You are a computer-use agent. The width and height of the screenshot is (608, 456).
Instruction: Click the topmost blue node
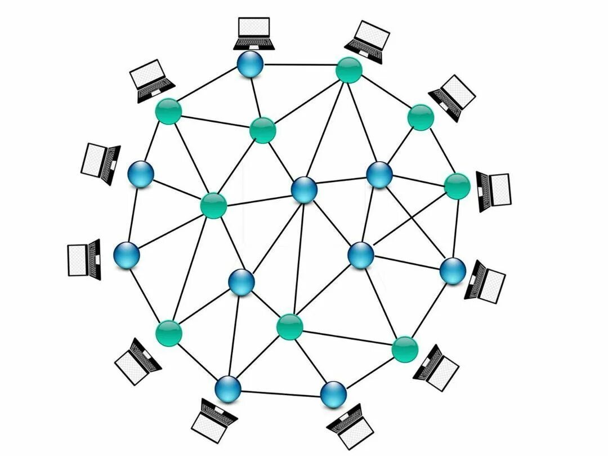coord(250,65)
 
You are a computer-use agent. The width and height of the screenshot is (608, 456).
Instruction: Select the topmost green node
coord(348,70)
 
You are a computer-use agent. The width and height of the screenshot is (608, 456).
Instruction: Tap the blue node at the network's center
coord(304,189)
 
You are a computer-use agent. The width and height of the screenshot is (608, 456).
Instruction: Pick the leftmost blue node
coord(127,255)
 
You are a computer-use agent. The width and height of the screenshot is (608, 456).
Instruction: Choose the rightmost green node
coord(457,186)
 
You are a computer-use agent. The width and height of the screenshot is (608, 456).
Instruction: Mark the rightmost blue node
coord(452,271)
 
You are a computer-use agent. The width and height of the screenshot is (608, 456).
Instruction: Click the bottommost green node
coord(405,349)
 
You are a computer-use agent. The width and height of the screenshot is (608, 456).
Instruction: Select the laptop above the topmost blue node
coord(253,33)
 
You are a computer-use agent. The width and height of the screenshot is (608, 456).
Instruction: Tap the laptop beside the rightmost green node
coord(494,191)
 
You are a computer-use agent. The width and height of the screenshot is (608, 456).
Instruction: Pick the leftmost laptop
coord(84,259)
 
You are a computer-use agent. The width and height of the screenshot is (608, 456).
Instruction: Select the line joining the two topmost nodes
coord(299,65)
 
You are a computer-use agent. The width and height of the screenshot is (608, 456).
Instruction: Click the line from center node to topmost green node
coord(327,130)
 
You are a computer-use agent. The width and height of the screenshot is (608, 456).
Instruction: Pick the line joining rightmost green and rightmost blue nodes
coord(454,228)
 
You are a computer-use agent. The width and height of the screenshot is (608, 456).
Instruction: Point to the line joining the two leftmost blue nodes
coord(133,215)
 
